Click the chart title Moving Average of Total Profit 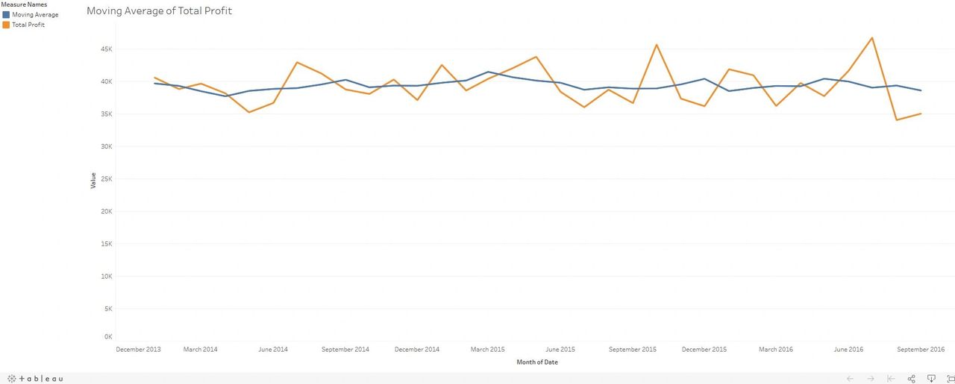pyautogui.click(x=159, y=11)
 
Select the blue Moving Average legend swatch pyautogui.click(x=6, y=15)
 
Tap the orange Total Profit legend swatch pyautogui.click(x=6, y=25)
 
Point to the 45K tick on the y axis pyautogui.click(x=106, y=49)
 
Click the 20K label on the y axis pyautogui.click(x=106, y=211)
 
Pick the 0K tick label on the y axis pyautogui.click(x=108, y=337)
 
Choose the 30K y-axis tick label pyautogui.click(x=106, y=146)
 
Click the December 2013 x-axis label pyautogui.click(x=138, y=350)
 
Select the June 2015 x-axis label pyautogui.click(x=560, y=350)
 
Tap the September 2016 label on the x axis pyautogui.click(x=921, y=350)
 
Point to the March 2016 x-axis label pyautogui.click(x=776, y=350)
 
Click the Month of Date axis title pyautogui.click(x=536, y=362)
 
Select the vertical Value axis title pyautogui.click(x=93, y=180)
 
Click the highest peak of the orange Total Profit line pyautogui.click(x=872, y=38)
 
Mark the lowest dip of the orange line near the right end pyautogui.click(x=896, y=120)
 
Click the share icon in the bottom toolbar pyautogui.click(x=911, y=379)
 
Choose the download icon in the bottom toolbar pyautogui.click(x=931, y=379)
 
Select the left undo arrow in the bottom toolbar pyautogui.click(x=850, y=379)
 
